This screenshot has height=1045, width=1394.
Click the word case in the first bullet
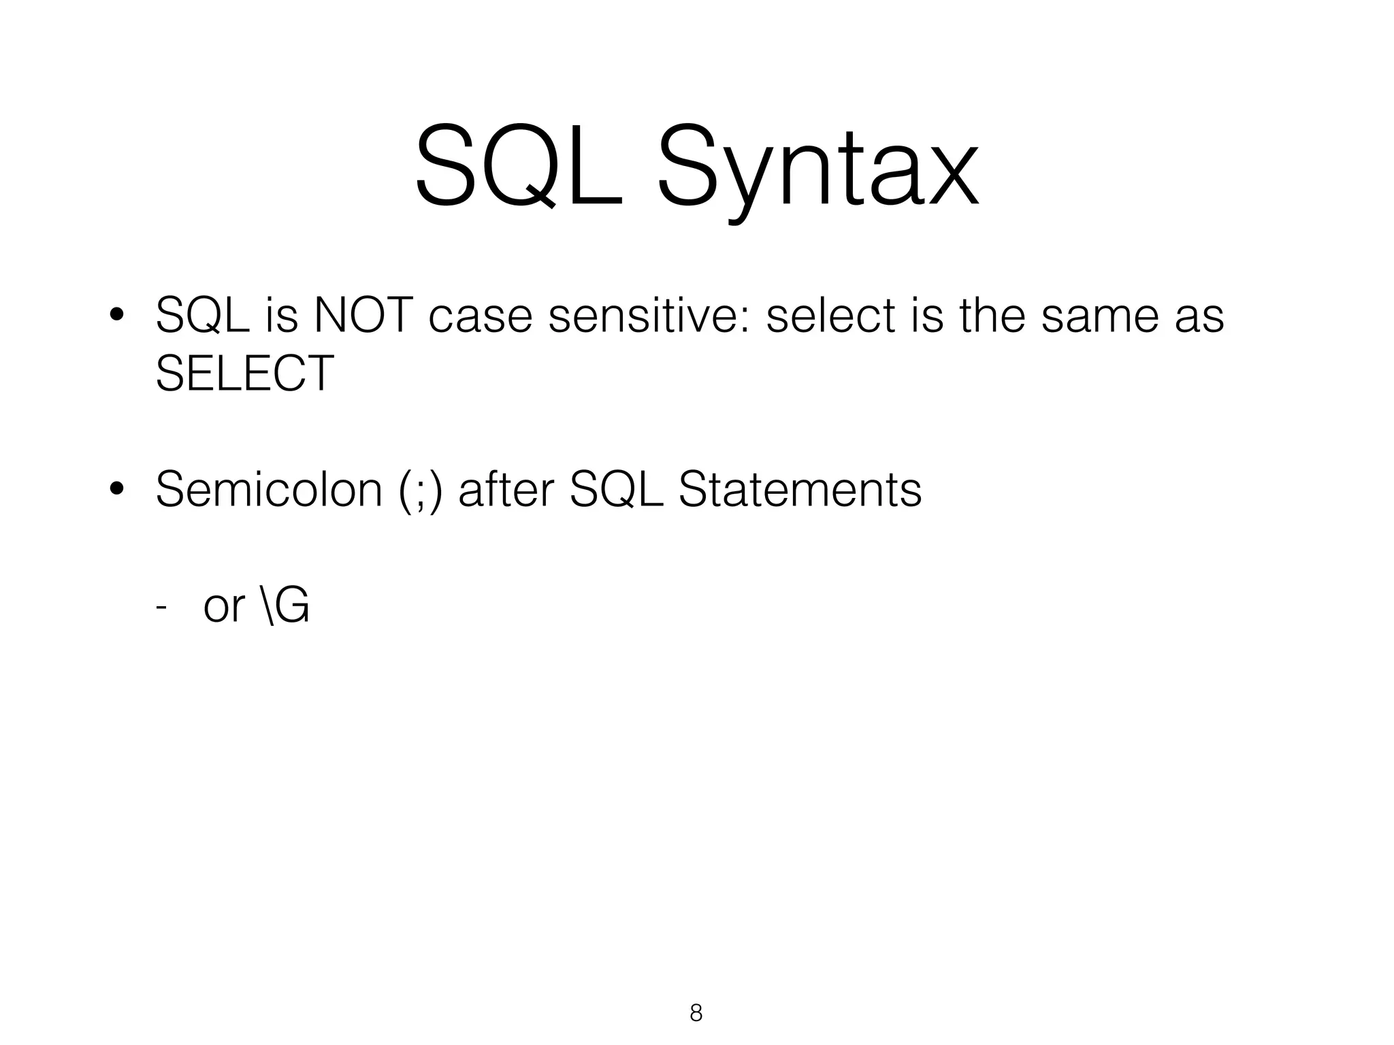pyautogui.click(x=480, y=317)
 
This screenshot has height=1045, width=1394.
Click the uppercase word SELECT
pyautogui.click(x=245, y=374)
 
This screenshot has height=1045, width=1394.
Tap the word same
pyautogui.click(x=1099, y=317)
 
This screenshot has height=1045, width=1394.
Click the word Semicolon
pyautogui.click(x=269, y=489)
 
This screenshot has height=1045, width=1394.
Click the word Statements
pyautogui.click(x=800, y=489)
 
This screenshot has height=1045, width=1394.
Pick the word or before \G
pyautogui.click(x=223, y=607)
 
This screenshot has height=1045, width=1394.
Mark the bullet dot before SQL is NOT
pyautogui.click(x=116, y=316)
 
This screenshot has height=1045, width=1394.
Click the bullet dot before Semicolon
pyautogui.click(x=116, y=489)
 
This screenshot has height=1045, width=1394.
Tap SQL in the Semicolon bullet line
pyautogui.click(x=616, y=489)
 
